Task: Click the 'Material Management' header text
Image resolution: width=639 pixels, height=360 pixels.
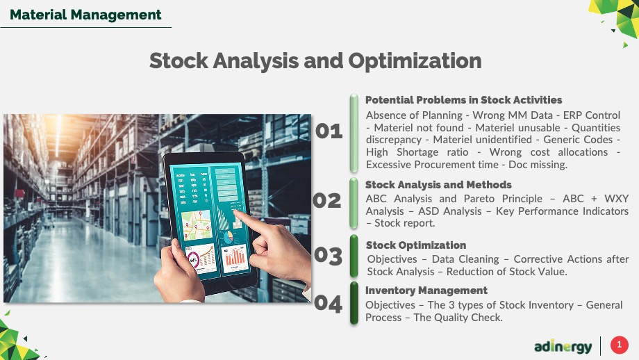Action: pyautogui.click(x=85, y=15)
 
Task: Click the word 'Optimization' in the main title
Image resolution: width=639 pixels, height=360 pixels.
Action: pyautogui.click(x=415, y=61)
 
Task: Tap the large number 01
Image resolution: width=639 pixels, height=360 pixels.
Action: pyautogui.click(x=329, y=131)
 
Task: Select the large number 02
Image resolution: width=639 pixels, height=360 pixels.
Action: pyautogui.click(x=327, y=201)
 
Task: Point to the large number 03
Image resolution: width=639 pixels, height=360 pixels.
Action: pyautogui.click(x=328, y=256)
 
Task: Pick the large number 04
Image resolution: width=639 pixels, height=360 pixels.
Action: pyautogui.click(x=328, y=304)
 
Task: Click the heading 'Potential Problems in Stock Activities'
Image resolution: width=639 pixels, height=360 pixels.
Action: pyautogui.click(x=463, y=100)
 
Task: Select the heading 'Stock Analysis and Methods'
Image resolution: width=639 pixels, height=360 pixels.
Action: pyautogui.click(x=438, y=185)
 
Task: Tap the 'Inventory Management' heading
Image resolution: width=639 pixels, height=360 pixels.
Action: pyautogui.click(x=426, y=291)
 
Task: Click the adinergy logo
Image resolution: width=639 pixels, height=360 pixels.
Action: pyautogui.click(x=563, y=347)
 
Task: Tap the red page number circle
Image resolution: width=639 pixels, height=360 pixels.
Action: pyautogui.click(x=619, y=345)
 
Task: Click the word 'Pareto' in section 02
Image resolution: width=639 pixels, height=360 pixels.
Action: pyautogui.click(x=479, y=199)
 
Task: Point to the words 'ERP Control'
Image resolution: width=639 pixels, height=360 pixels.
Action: pyautogui.click(x=591, y=115)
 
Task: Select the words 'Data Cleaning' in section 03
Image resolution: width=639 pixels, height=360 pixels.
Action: pyautogui.click(x=465, y=259)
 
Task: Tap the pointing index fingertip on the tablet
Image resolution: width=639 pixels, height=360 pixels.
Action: pyautogui.click(x=237, y=213)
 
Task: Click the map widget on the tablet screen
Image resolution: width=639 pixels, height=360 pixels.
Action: pyautogui.click(x=197, y=225)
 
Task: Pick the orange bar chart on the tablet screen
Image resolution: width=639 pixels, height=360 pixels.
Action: pyautogui.click(x=235, y=258)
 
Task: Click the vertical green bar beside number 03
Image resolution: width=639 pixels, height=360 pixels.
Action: pyautogui.click(x=354, y=256)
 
